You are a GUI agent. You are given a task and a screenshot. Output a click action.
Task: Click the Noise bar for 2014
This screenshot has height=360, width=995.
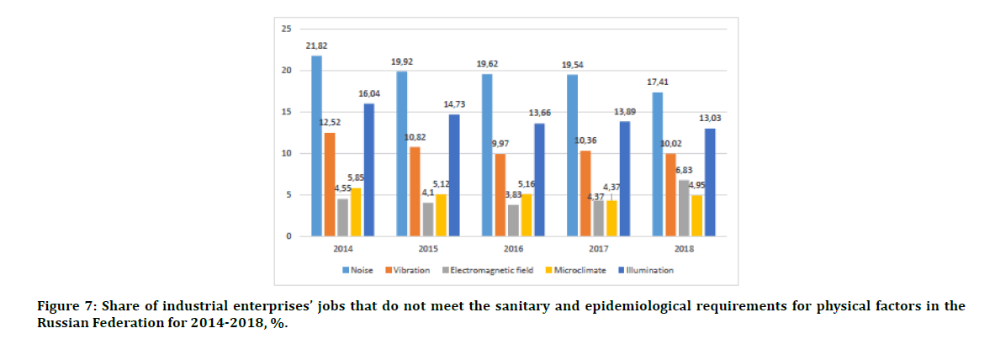(x=316, y=146)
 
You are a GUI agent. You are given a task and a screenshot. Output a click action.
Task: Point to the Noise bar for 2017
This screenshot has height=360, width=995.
(x=573, y=156)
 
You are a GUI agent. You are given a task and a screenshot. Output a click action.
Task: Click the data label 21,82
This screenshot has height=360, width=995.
(x=317, y=47)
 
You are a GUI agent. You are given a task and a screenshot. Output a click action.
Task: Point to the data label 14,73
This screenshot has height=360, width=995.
(x=453, y=104)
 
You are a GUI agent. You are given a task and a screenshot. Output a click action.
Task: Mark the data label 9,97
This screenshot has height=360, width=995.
(x=501, y=144)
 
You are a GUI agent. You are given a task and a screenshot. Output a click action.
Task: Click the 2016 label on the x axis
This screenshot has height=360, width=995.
(x=513, y=249)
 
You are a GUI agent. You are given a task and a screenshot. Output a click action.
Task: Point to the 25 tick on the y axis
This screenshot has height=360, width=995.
(x=286, y=29)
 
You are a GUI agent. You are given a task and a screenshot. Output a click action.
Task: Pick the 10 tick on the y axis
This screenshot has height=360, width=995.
(x=286, y=153)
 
